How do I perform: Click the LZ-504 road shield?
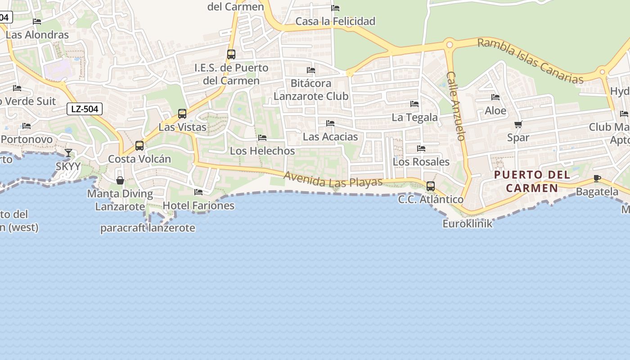click(x=85, y=108)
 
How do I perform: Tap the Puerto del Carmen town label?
click(x=532, y=181)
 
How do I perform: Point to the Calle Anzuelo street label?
click(x=455, y=106)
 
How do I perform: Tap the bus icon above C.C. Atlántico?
click(x=431, y=186)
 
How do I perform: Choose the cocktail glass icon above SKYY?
click(x=68, y=153)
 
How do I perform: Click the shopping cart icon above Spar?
click(x=518, y=124)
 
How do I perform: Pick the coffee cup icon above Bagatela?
click(x=597, y=179)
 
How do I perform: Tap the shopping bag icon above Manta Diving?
click(x=120, y=180)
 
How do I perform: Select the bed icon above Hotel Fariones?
click(x=198, y=192)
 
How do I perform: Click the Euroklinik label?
click(x=468, y=223)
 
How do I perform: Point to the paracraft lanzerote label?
click(x=148, y=228)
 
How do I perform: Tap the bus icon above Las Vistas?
click(x=182, y=114)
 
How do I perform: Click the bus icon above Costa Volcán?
click(x=139, y=146)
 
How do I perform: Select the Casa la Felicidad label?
click(x=335, y=21)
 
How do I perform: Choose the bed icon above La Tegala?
click(x=414, y=104)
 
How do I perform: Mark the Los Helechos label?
click(x=262, y=151)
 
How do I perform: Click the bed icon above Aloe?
click(x=495, y=97)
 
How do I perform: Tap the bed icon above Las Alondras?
click(x=37, y=22)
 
